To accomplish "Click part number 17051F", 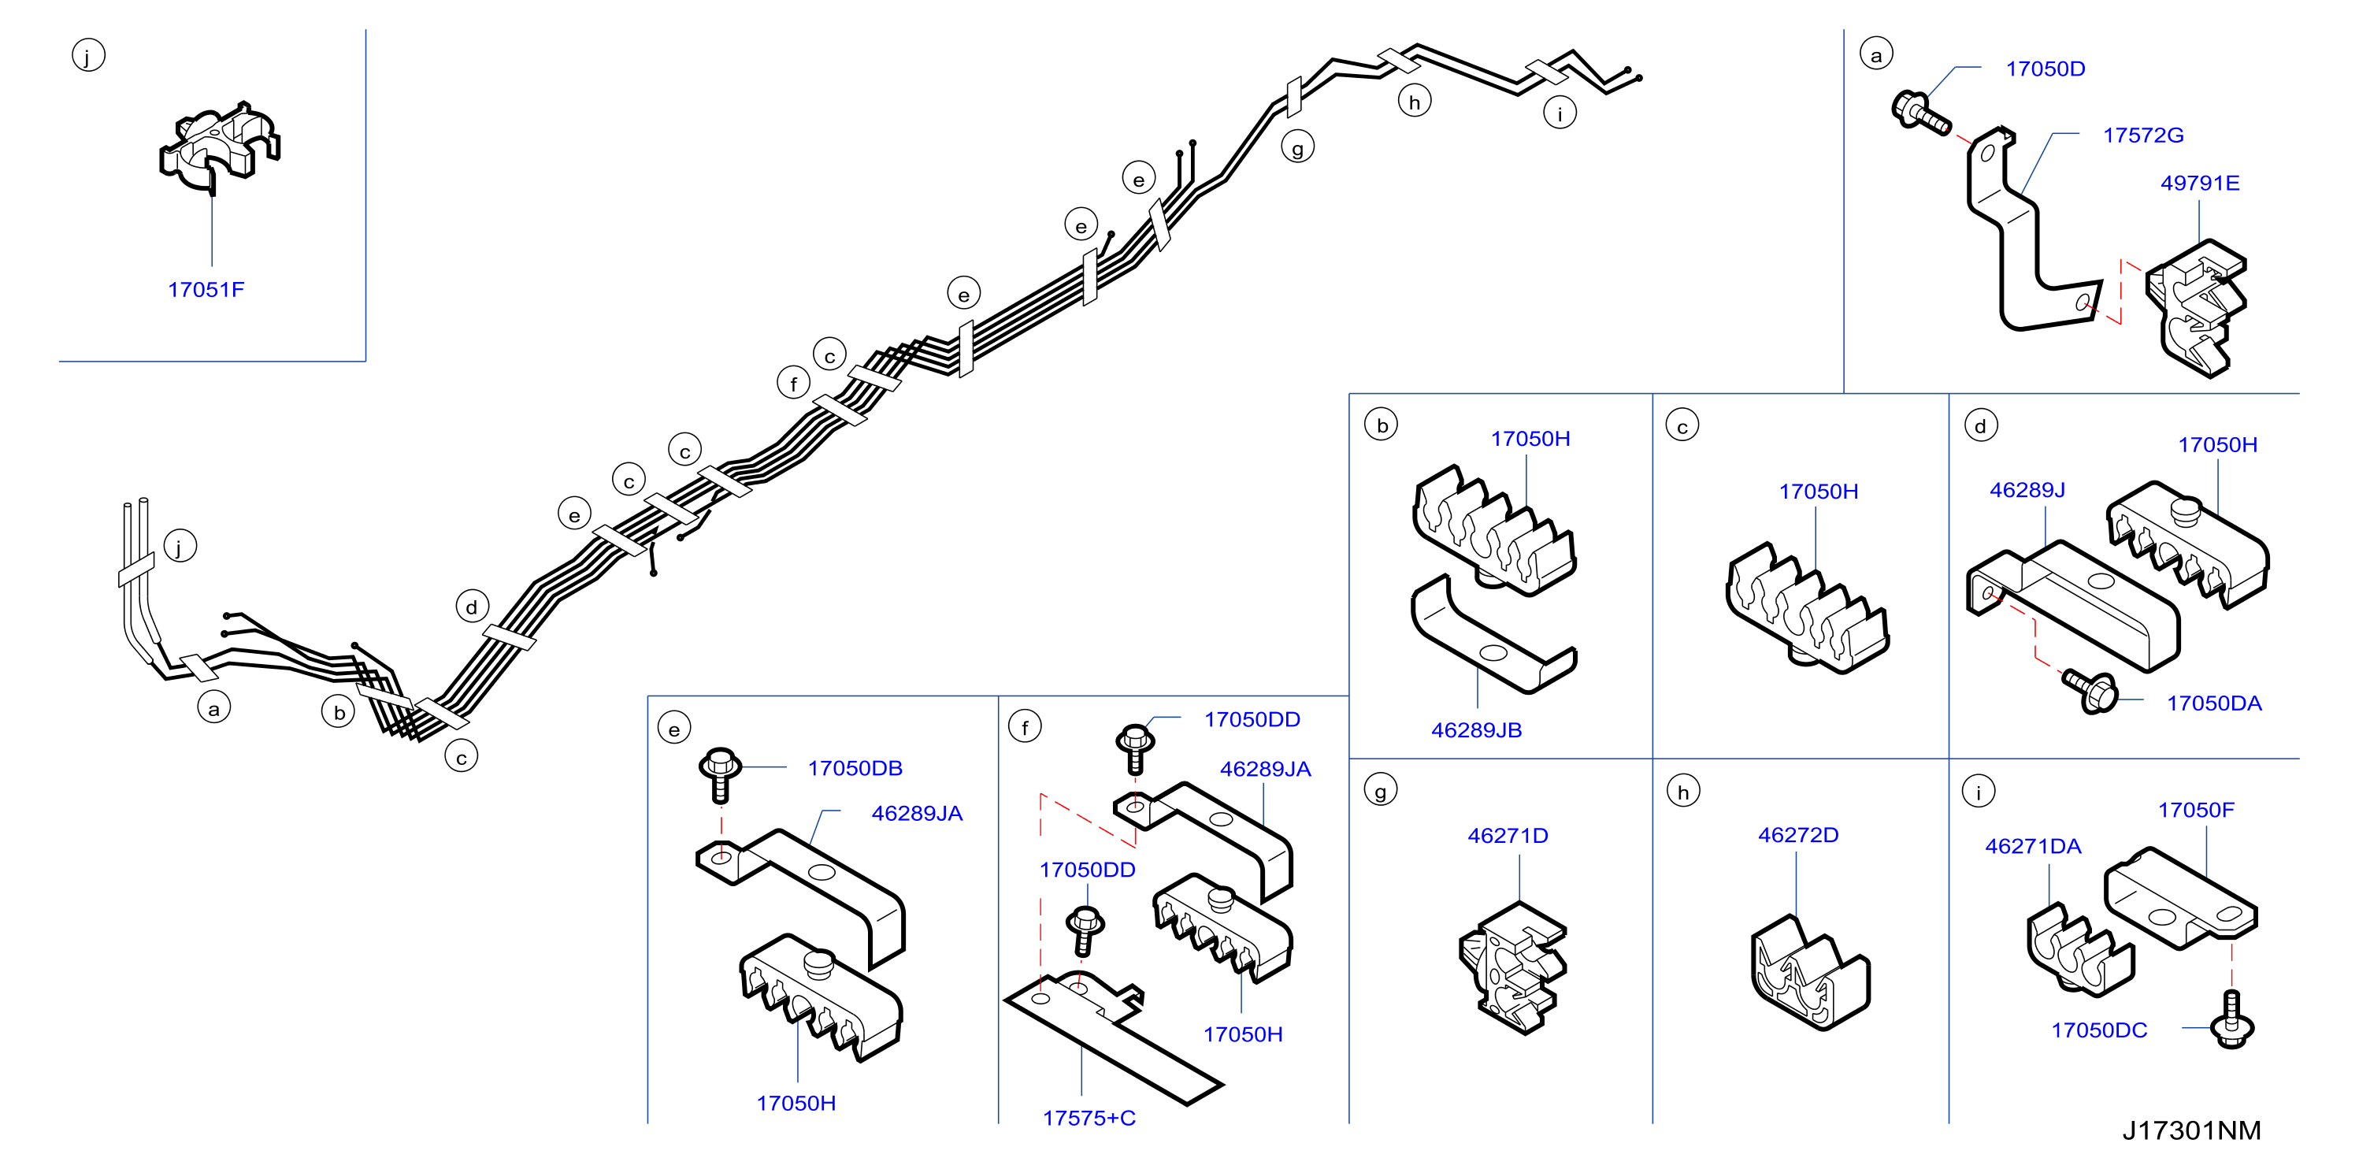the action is (206, 290).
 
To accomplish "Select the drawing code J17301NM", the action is (2191, 1130).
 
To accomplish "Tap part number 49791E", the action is (2200, 184).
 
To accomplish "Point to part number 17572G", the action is (2143, 135).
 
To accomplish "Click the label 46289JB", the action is (1476, 730).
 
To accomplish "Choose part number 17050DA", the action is (2213, 703).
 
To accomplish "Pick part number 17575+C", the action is (1089, 1118).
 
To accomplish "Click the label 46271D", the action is (1508, 836).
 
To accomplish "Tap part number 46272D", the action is (1797, 835).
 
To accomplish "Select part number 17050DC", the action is (2099, 1030).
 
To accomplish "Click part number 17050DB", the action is (855, 768).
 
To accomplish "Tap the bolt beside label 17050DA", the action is (2090, 690).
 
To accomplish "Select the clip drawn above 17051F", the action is (219, 147).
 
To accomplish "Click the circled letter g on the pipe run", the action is (1296, 147).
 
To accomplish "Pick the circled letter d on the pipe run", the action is (472, 607).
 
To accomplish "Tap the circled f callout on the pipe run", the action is (793, 382).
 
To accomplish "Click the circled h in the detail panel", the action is (1683, 791).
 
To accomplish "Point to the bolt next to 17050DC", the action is (2231, 1019).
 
